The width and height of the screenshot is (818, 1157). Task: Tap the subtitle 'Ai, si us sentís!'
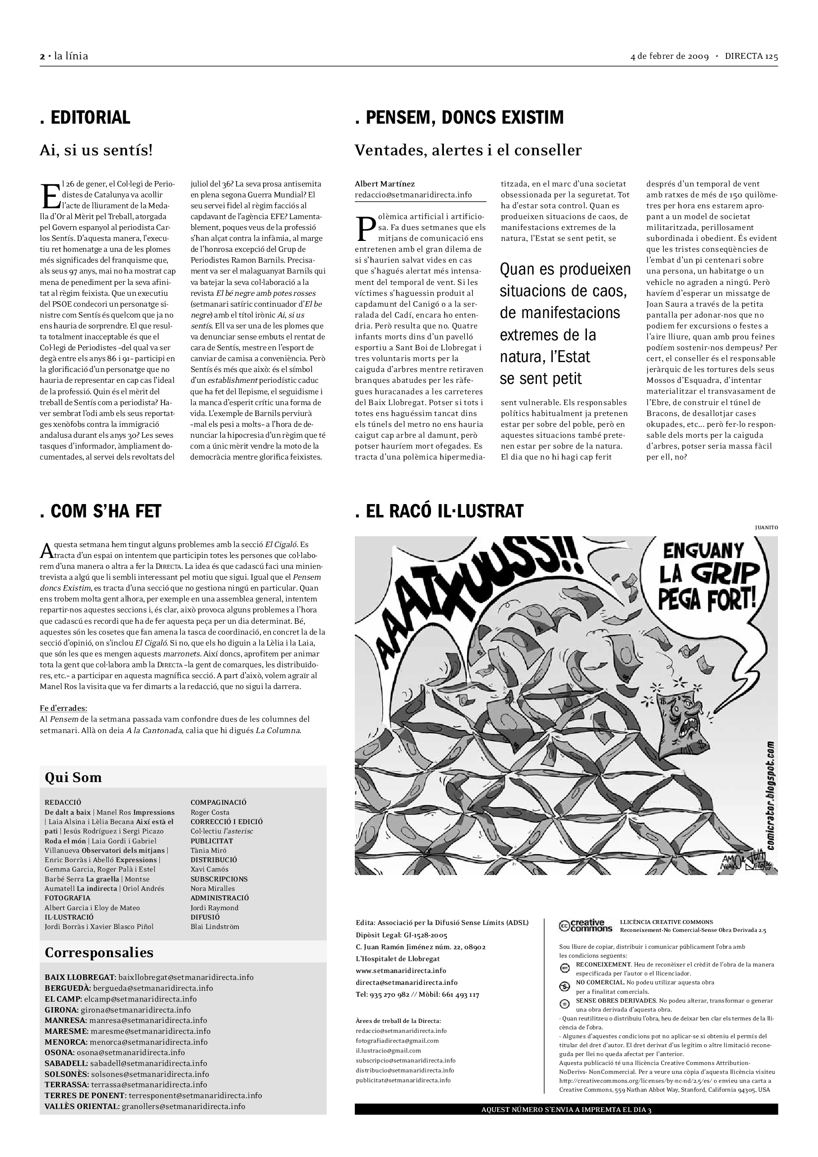[96, 150]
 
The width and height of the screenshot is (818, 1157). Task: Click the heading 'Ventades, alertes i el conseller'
[468, 150]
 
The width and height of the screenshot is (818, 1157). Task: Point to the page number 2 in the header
[42, 56]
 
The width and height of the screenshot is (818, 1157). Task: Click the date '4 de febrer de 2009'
[670, 56]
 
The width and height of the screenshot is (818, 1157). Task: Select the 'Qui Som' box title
[73, 778]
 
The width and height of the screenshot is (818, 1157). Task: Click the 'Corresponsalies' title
[99, 952]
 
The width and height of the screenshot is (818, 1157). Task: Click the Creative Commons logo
[585, 925]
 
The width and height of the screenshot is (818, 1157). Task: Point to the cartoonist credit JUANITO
[766, 528]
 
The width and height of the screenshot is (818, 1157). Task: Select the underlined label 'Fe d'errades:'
[63, 708]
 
